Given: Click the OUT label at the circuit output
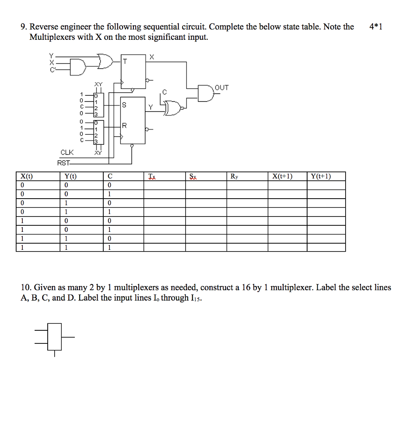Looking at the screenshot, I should pos(222,87).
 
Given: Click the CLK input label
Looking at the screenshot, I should pos(67,152).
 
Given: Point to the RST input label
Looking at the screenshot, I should pos(64,163).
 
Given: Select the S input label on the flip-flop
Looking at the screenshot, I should pos(124,105).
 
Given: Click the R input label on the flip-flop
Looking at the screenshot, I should pos(124,126).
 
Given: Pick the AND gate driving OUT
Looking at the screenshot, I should pos(205,93).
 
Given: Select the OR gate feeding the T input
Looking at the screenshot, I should pos(105,62).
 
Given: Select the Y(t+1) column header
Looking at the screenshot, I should pos(320,176).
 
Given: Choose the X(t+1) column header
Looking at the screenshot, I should pos(282,176).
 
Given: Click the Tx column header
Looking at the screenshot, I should pos(152,177).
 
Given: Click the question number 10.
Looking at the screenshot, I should pos(25,287).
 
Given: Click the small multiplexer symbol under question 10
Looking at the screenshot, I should pos(55,337).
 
